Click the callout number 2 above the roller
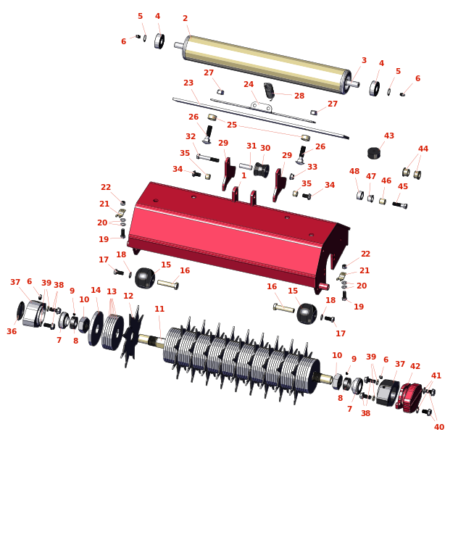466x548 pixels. [x=185, y=18]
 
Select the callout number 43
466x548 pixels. [x=388, y=136]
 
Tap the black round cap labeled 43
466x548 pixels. [x=374, y=153]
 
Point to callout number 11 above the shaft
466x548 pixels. [x=159, y=309]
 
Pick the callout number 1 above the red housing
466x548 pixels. [x=244, y=175]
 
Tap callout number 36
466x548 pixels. [x=12, y=331]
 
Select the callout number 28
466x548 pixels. [x=299, y=96]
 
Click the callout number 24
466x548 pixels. [x=249, y=84]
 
